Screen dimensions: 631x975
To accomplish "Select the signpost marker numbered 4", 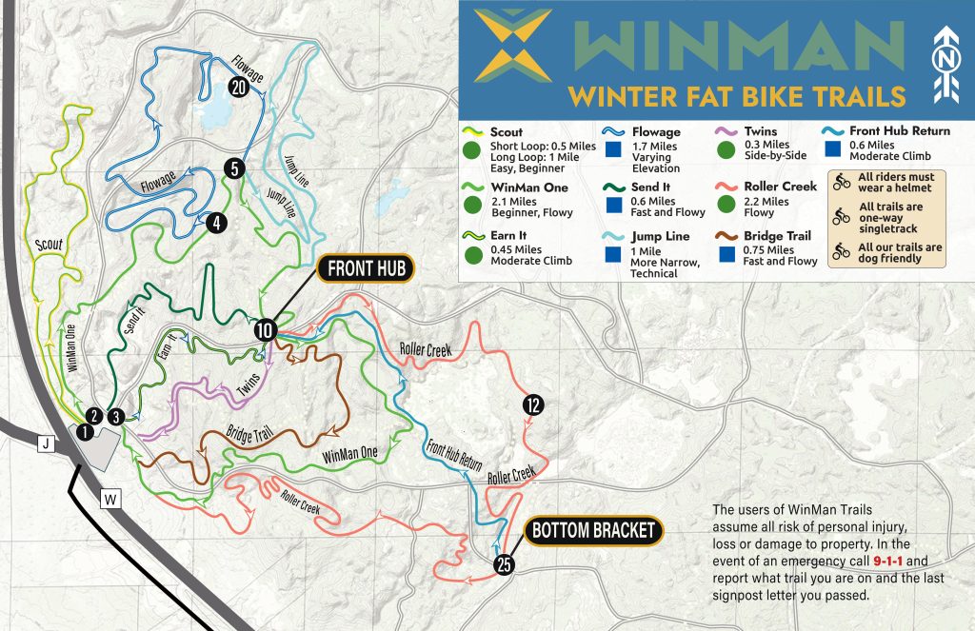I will [218, 223].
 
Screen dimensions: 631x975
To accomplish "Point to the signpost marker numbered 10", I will [266, 330].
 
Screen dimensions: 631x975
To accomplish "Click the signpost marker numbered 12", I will [532, 405].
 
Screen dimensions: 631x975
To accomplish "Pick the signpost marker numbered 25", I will [505, 565].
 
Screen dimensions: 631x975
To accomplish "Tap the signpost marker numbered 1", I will [86, 432].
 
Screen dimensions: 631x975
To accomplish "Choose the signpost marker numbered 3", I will [115, 416].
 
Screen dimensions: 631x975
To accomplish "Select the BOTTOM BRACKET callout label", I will [592, 530].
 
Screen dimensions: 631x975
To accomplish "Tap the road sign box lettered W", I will [111, 497].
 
